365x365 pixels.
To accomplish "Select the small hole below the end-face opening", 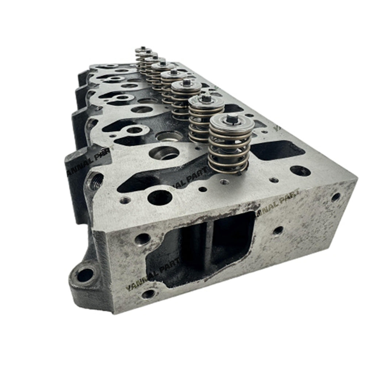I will tap(149, 294).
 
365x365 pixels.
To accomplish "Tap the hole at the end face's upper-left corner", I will tap(142, 239).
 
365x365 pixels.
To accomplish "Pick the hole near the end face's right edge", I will tap(335, 197).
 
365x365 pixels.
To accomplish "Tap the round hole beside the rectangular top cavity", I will tap(300, 170).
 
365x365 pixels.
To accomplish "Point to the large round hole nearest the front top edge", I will tap(160, 197).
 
